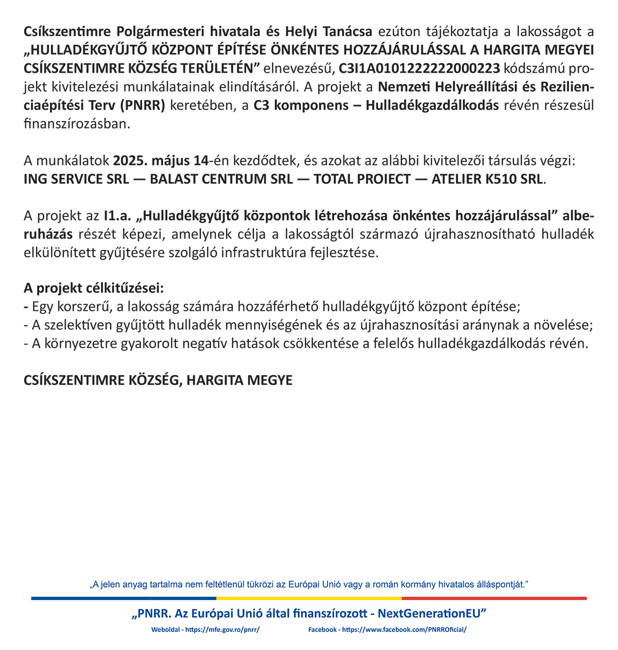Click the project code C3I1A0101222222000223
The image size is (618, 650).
point(419,69)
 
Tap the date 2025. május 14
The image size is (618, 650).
point(160,161)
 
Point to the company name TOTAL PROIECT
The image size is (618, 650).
point(363,179)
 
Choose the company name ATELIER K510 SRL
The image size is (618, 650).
point(487,179)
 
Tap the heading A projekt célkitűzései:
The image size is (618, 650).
point(94,288)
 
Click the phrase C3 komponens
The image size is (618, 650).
point(294,106)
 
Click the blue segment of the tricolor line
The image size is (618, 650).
point(124,598)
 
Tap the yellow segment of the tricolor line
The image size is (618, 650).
point(309,598)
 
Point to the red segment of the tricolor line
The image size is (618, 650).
point(494,598)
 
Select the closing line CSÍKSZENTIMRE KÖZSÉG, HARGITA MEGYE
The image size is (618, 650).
point(158,380)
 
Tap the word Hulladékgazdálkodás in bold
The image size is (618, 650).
point(432,106)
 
